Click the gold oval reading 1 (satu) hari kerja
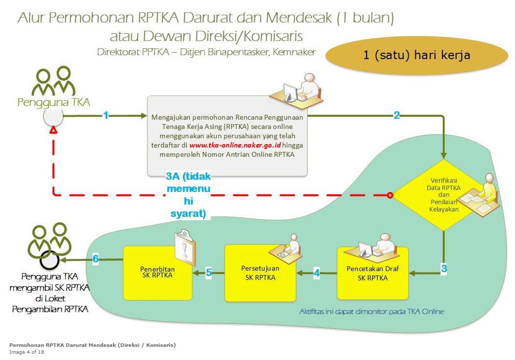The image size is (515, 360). pos(416,55)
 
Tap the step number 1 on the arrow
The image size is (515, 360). pos(105,115)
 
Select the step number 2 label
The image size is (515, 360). pos(397,115)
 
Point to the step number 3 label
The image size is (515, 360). pos(444,268)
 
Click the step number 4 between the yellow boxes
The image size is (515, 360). pos(316,273)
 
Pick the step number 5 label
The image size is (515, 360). pos(208,273)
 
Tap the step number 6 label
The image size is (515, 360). pos(96,259)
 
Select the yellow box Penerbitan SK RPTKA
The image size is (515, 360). pos(158,273)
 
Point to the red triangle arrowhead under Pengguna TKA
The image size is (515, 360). pos(53,131)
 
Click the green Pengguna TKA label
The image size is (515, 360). pos(54,102)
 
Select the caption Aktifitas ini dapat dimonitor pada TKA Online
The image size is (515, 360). pos(371,311)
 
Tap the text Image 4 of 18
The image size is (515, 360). pos(27,352)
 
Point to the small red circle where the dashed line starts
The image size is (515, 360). pos(390,195)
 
